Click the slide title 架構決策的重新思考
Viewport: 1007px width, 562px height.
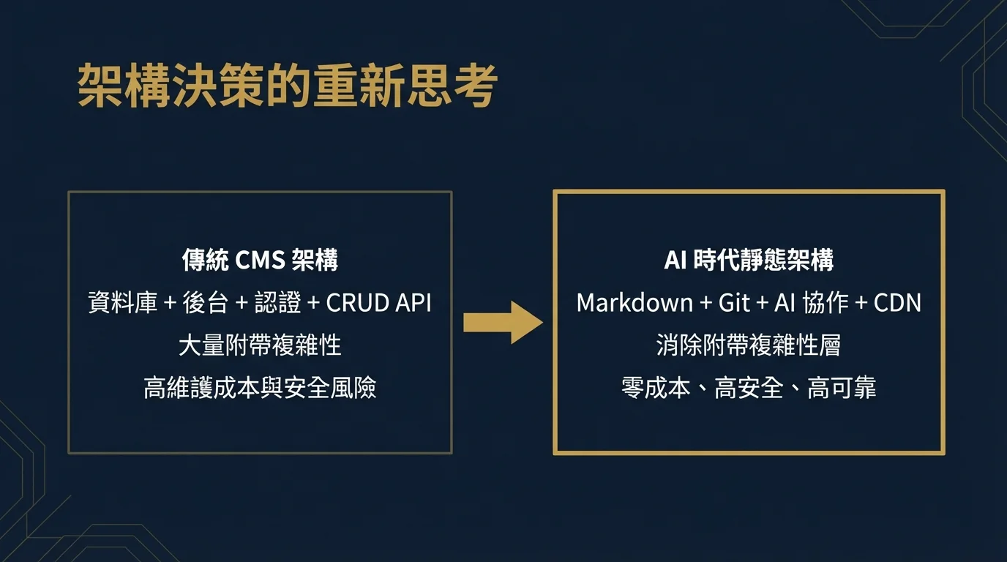287,86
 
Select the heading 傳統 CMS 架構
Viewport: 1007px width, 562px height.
260,261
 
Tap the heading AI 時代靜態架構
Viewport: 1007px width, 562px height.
749,261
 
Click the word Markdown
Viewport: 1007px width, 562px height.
634,303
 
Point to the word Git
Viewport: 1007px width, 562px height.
734,303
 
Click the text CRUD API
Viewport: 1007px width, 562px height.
378,303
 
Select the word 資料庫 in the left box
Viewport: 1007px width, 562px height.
122,303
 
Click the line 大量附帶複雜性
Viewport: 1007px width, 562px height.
260,345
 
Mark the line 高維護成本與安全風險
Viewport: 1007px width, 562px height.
260,388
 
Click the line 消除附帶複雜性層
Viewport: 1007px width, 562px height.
749,345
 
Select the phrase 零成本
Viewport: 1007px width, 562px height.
656,388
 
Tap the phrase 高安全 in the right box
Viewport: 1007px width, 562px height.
749,388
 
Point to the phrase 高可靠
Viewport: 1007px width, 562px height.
842,388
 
